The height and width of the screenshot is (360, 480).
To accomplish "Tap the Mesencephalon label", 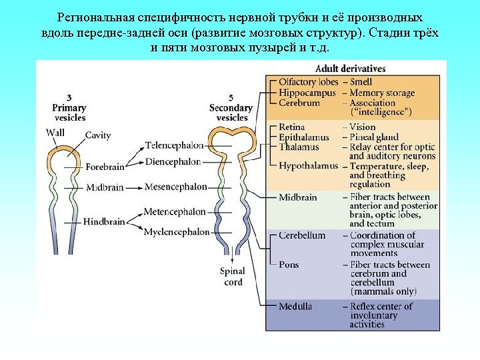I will pos(175,187).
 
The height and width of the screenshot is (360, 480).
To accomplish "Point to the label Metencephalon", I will pos(175,212).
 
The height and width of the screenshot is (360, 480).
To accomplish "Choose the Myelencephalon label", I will pos(177,232).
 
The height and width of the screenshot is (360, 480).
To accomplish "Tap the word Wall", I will pos(55,133).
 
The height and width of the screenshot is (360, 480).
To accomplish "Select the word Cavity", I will pos(98,135).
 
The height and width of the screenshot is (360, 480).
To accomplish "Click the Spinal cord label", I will pos(233,277).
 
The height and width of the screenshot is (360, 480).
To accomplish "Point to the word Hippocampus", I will pos(307,93).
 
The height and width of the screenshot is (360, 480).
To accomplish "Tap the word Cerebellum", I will pos(302,235).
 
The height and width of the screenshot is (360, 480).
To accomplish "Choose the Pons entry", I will pos(289,265).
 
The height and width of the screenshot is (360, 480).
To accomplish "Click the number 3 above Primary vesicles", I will pos(69,97).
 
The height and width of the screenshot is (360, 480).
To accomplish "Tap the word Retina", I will pos(291,127).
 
